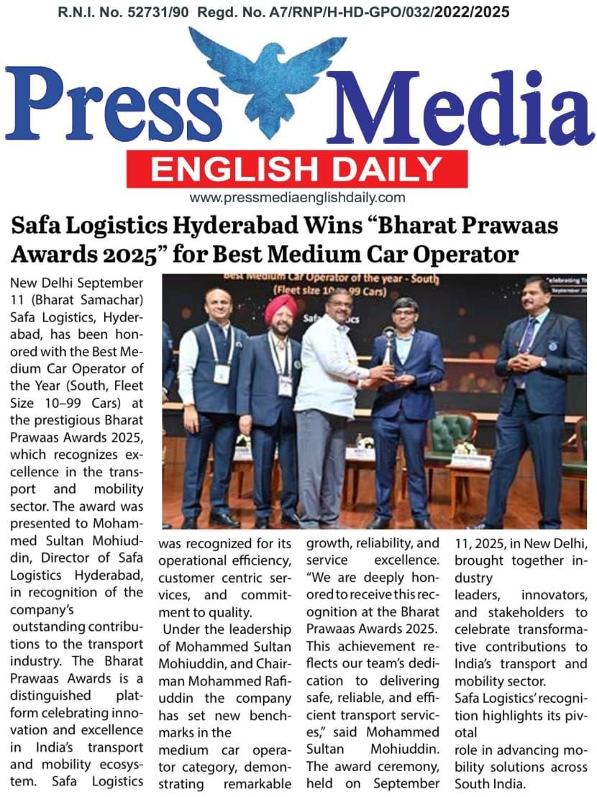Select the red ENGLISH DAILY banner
point(296,169)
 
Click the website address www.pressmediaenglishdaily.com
point(297,198)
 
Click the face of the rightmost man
point(536,296)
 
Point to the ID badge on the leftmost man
point(222,373)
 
